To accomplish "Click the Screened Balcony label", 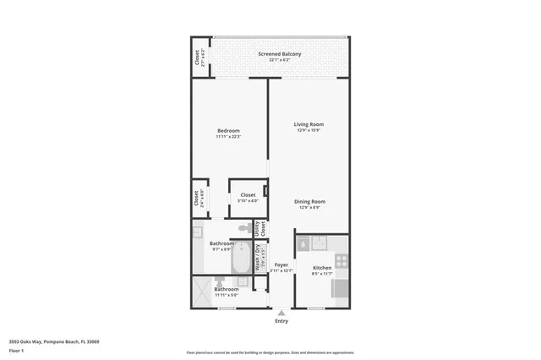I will click(279, 54).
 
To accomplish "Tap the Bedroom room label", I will click(228, 130).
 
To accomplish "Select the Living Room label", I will click(309, 124).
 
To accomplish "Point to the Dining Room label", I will click(309, 201).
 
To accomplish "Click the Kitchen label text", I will click(322, 267).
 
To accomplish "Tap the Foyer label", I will click(281, 265).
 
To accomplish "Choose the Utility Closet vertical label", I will click(262, 228).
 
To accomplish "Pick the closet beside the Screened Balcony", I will click(199, 57).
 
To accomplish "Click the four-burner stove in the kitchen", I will click(341, 261).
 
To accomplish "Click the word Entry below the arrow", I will click(281, 321).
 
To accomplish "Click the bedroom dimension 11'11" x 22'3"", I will click(228, 137).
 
